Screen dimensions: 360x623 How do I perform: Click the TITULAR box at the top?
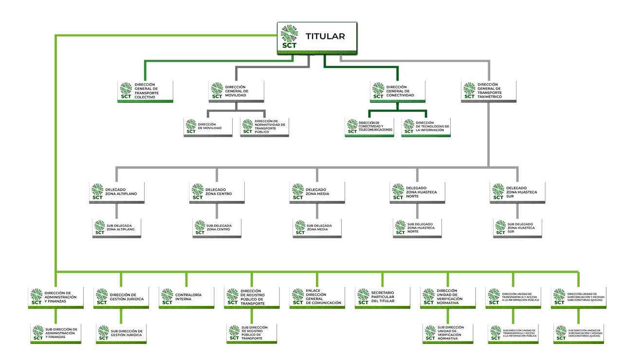(317, 37)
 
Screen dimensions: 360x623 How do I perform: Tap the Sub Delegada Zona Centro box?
(217, 226)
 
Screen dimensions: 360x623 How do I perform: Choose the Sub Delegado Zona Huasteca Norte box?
(417, 226)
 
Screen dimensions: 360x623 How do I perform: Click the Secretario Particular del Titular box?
(383, 295)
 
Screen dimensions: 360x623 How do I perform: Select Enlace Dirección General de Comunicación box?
(317, 295)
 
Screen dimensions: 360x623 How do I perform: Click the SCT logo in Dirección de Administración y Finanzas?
(37, 296)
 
